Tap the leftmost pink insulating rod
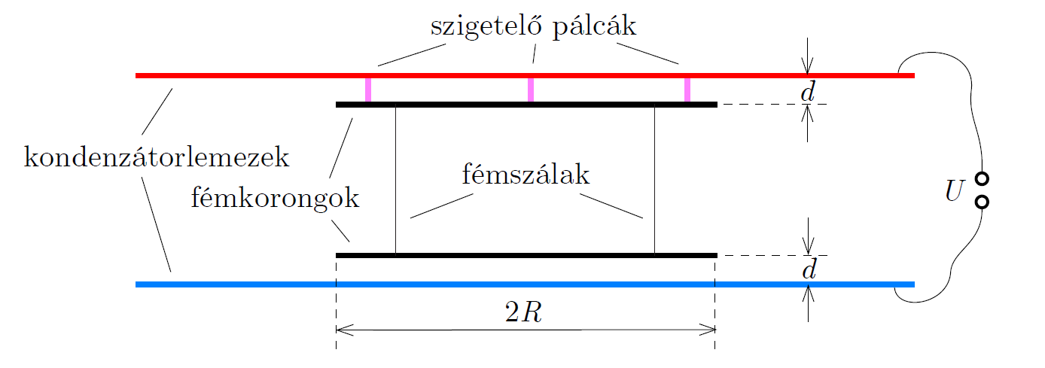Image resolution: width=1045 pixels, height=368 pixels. coord(368,90)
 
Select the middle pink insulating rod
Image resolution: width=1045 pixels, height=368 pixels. coord(531,90)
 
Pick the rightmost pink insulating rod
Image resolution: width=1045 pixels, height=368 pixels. coord(687,90)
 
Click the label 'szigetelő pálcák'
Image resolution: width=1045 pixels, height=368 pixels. coord(533,27)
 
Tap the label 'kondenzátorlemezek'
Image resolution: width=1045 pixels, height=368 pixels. coord(157,159)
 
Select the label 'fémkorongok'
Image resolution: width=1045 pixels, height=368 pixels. coord(276,199)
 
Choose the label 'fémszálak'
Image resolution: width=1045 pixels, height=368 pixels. coord(526,175)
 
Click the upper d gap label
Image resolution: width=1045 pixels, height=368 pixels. coord(808,91)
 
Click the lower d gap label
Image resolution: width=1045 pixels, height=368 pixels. coord(808,269)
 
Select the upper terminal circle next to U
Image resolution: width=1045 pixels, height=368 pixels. coord(982,179)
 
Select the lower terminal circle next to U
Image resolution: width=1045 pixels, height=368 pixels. coord(982,202)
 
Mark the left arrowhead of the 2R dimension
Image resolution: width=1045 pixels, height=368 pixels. coord(341,329)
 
